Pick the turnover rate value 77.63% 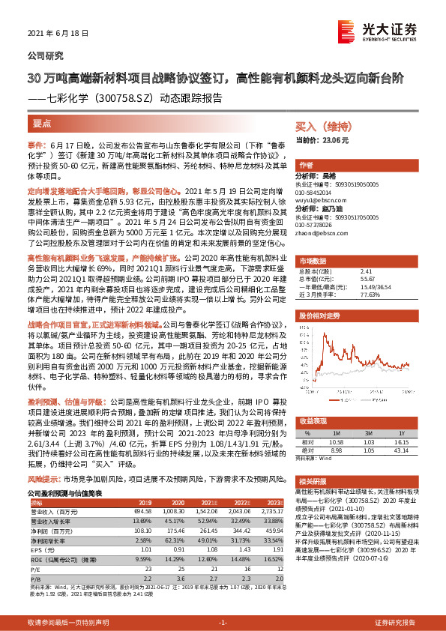pos(370,295)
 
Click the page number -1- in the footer pos(223,622)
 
